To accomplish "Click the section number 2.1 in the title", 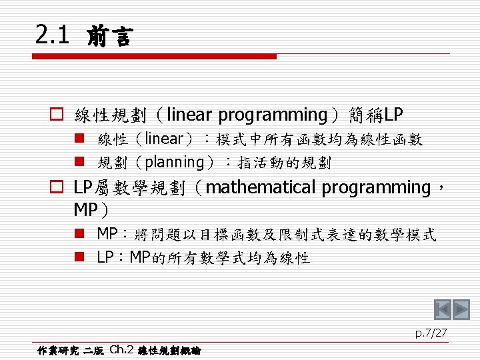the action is [52, 34].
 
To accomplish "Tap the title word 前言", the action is [110, 36].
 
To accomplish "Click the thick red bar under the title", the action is [154, 56].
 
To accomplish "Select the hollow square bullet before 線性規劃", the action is [57, 114].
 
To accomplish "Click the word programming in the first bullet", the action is [273, 116].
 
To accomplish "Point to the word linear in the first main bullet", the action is [189, 114].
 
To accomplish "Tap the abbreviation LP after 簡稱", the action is [393, 115].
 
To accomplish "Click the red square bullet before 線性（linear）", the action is [79, 138].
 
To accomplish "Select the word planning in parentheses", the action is [174, 163].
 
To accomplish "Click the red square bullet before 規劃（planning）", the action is [79, 161].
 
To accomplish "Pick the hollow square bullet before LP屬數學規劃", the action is [57, 187].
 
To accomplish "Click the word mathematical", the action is [261, 187].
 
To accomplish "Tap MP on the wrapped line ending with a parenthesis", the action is [86, 210].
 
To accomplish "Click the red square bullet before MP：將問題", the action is [79, 233].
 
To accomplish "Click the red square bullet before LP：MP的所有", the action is [79, 257].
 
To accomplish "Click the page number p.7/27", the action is [431, 333].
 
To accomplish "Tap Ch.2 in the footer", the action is [121, 349].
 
